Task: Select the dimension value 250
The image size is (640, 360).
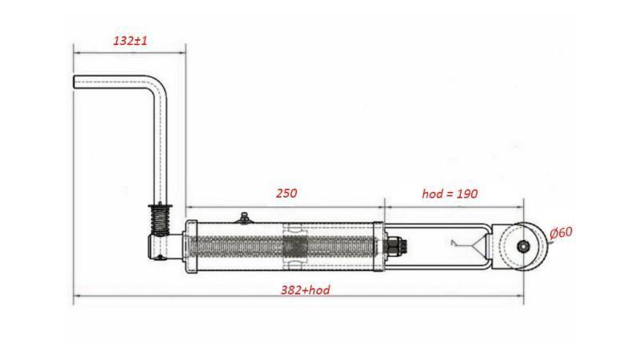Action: pos(286,193)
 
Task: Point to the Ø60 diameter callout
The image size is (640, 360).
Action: pos(562,233)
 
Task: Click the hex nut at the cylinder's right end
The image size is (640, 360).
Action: pos(396,246)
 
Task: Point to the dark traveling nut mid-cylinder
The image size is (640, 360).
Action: pos(294,246)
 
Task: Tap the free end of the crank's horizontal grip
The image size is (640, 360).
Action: pos(77,82)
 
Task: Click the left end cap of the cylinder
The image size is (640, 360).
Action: pos(189,246)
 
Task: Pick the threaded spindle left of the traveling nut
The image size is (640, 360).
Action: pos(240,246)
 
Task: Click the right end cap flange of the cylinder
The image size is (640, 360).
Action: pos(383,246)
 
